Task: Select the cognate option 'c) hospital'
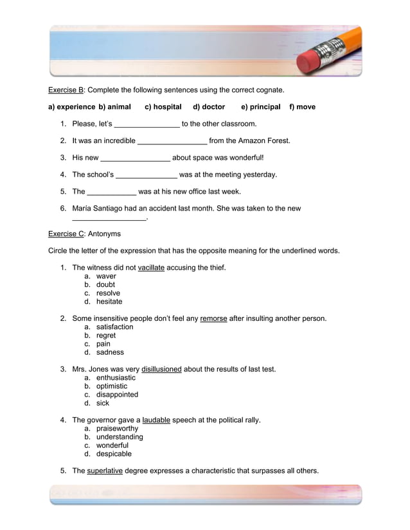(x=163, y=107)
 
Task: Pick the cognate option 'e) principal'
(x=260, y=107)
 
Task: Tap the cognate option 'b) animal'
(x=114, y=107)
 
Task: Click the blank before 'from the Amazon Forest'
(x=172, y=141)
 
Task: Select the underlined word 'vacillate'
(x=151, y=268)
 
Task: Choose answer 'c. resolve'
(x=107, y=293)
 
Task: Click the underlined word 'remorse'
(x=213, y=318)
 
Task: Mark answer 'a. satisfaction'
(x=114, y=327)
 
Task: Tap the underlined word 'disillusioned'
(x=161, y=370)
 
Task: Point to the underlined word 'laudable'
(x=156, y=420)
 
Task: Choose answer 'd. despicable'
(x=114, y=454)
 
